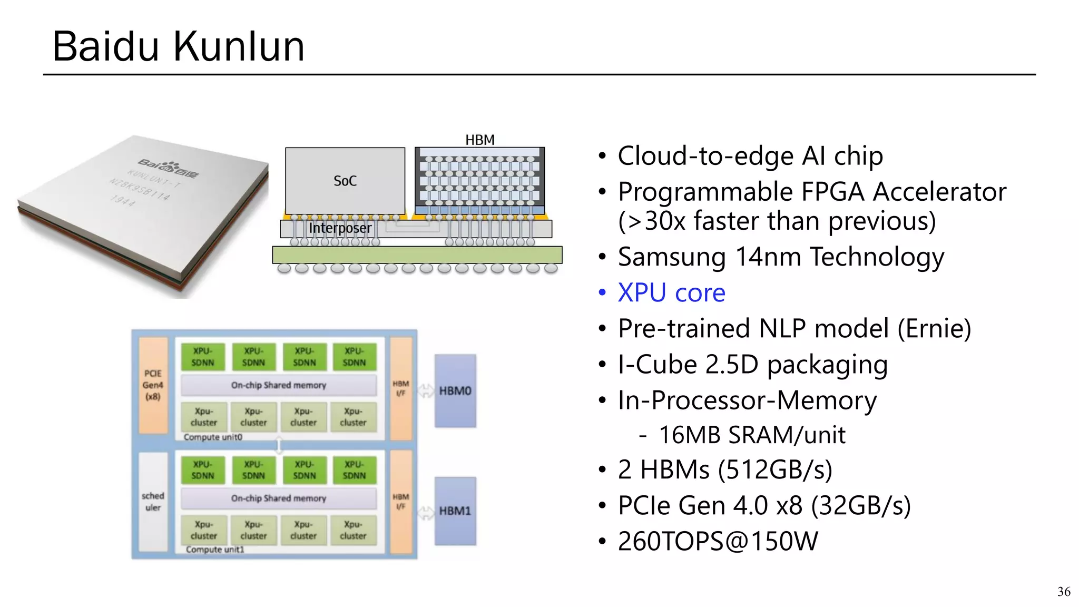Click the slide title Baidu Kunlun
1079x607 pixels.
tap(178, 46)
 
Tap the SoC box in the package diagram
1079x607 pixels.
tap(345, 181)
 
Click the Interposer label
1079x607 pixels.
tap(340, 228)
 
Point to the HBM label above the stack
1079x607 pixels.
tap(479, 140)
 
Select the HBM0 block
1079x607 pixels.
tap(455, 391)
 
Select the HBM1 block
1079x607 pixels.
tap(455, 511)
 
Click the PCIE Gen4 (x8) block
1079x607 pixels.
tap(153, 385)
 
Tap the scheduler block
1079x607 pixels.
tap(153, 502)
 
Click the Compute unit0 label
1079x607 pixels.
tap(213, 437)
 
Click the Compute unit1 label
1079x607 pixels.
tap(215, 550)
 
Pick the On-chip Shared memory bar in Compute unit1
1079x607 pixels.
tap(279, 498)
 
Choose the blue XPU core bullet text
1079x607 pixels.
tap(671, 292)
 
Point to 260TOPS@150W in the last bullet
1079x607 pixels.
tap(718, 541)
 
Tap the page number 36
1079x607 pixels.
tap(1063, 592)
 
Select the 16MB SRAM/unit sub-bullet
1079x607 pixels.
tap(752, 435)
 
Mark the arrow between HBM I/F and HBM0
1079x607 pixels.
tap(425, 391)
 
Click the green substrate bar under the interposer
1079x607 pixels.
tap(417, 255)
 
